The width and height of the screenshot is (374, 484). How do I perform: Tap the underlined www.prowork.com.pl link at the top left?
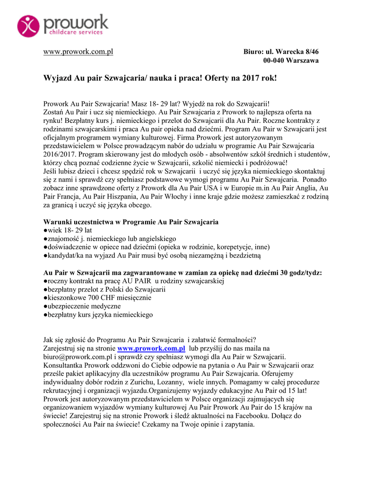click(78, 51)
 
